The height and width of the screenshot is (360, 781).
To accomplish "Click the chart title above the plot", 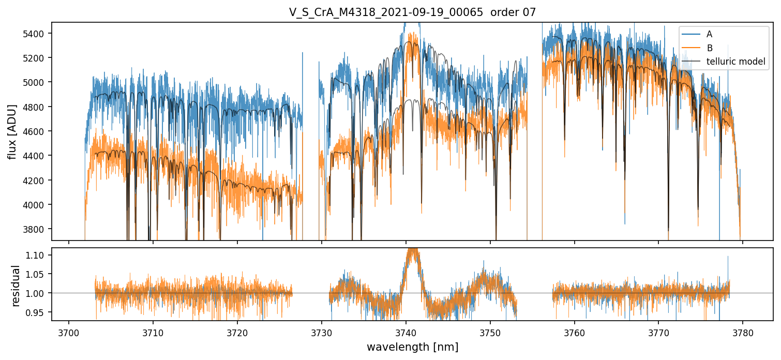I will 413,11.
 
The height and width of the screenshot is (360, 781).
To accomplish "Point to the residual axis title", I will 16,286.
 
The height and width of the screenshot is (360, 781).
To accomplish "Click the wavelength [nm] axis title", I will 412,347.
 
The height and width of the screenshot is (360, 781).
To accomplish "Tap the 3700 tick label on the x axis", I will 69,332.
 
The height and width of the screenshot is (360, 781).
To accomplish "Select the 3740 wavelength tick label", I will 406,332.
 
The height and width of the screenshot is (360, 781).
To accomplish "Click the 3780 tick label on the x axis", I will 743,332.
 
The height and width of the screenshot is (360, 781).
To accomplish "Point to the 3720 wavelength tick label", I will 237,332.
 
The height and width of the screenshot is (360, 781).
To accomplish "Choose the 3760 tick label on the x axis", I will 574,332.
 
